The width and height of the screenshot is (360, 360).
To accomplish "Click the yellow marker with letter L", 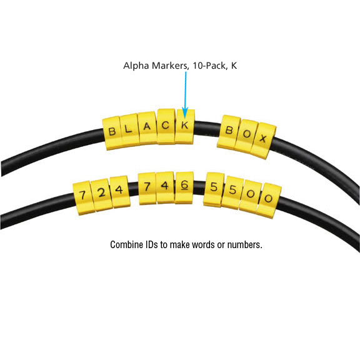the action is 130,130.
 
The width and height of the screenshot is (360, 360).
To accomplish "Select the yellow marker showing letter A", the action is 147,128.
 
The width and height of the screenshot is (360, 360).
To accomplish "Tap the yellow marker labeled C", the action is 166,126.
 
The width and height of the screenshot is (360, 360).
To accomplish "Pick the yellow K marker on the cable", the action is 184,126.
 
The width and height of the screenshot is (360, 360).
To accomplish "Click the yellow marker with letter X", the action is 263,141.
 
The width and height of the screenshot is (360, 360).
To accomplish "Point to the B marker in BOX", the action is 229,132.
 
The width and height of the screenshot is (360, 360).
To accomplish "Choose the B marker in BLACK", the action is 112,133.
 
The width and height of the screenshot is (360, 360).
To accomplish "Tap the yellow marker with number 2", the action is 101,195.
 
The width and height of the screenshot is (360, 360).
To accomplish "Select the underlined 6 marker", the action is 184,187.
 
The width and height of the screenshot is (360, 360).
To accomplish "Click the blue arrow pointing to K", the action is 186,95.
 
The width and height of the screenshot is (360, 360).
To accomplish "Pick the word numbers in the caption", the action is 245,245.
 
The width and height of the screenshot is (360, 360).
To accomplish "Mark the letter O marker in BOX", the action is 246,136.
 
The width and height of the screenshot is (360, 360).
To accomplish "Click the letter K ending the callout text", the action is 234,66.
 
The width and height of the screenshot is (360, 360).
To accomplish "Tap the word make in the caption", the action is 180,245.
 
